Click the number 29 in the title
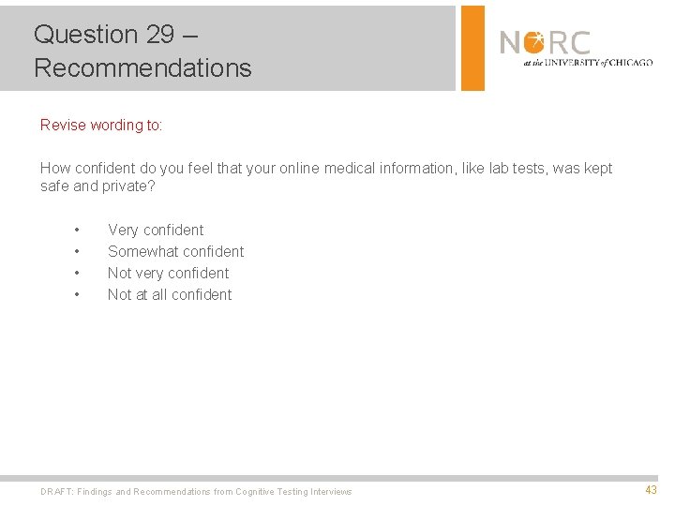pyautogui.click(x=160, y=35)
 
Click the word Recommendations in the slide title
pyautogui.click(x=142, y=68)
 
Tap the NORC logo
pyautogui.click(x=545, y=43)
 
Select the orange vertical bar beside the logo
pyautogui.click(x=472, y=48)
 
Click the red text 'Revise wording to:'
pyautogui.click(x=101, y=125)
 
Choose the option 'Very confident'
pyautogui.click(x=156, y=230)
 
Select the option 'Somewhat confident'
pyautogui.click(x=175, y=251)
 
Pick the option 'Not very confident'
pyautogui.click(x=168, y=273)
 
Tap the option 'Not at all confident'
pyautogui.click(x=170, y=294)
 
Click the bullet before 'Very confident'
pyautogui.click(x=77, y=231)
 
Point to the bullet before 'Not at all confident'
pyautogui.click(x=77, y=295)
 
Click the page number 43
pyautogui.click(x=651, y=490)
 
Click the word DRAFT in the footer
pyautogui.click(x=55, y=492)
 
